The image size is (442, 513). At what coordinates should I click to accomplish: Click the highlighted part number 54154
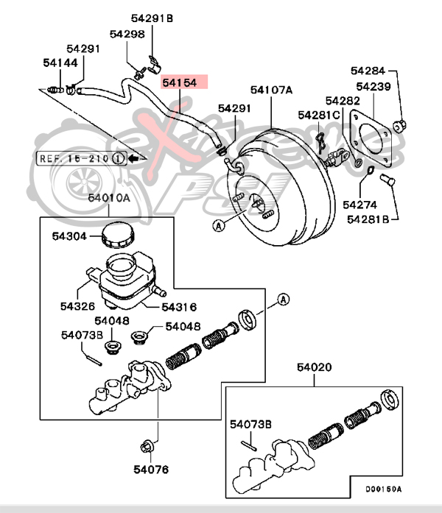[180, 83]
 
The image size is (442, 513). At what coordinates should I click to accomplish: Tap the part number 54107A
[271, 91]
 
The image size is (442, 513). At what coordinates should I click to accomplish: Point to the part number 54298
[127, 34]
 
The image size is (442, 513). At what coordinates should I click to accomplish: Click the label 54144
[60, 63]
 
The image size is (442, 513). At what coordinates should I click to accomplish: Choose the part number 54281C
[318, 115]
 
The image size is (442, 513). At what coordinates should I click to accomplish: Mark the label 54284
[368, 71]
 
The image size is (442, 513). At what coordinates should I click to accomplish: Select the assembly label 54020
[315, 367]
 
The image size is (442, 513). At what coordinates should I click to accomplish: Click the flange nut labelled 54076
[145, 445]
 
